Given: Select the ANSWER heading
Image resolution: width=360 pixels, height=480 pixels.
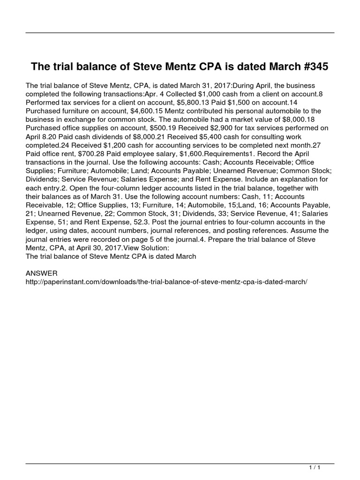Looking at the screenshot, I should click(42, 273).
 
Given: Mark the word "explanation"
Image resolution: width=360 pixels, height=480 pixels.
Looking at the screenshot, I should click(303, 179).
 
